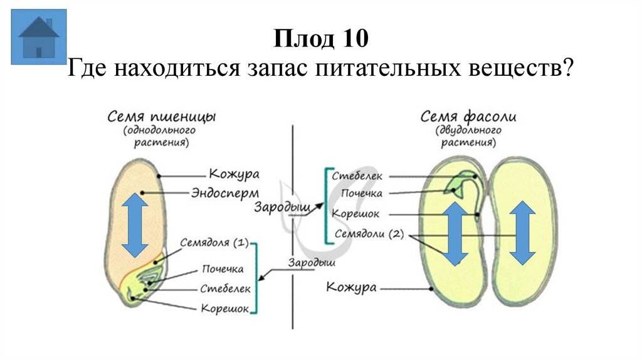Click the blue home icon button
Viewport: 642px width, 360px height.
click(39, 37)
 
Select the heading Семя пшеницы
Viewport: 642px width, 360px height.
click(162, 117)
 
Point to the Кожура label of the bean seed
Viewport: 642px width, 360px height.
click(352, 287)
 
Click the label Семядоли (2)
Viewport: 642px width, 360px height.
click(369, 234)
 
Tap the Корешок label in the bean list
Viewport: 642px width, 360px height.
click(355, 214)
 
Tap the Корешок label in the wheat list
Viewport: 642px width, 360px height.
click(224, 309)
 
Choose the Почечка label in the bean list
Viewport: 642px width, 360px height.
click(358, 194)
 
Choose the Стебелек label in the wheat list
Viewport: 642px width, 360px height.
click(225, 289)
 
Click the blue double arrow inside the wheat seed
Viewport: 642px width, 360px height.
click(135, 225)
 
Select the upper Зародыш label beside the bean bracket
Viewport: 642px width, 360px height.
click(274, 206)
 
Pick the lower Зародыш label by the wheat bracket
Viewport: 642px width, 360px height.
click(307, 263)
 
